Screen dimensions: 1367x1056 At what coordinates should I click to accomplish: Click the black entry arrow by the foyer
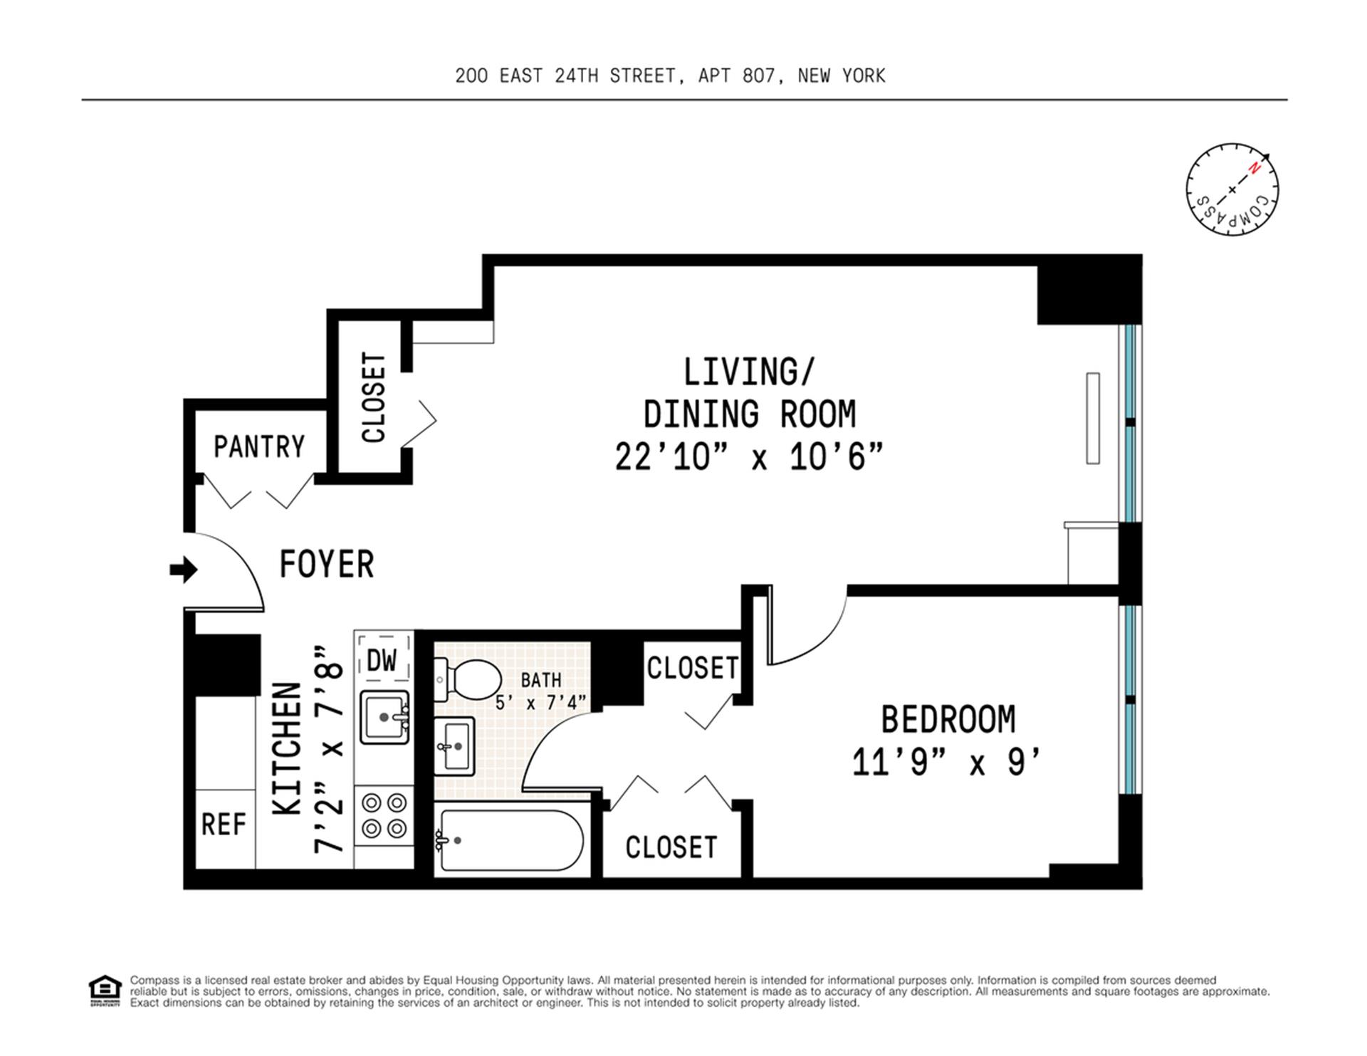coord(183,570)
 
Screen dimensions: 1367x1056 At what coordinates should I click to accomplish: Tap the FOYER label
coord(327,565)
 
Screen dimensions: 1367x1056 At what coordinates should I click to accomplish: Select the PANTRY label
coord(259,446)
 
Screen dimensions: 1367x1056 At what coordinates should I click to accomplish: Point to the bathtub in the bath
coord(509,840)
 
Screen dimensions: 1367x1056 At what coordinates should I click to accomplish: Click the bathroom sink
coord(454,746)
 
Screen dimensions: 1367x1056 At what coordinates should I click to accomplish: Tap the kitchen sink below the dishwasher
coord(384,717)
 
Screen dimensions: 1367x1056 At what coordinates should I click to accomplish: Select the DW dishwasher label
coord(382,661)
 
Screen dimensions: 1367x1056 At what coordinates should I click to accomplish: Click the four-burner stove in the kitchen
coord(384,816)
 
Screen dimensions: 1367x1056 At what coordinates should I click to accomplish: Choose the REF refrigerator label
coord(224,825)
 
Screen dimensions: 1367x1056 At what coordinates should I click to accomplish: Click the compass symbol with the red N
coord(1232,189)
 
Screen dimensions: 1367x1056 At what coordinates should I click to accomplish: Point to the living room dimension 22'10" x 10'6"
coord(749,457)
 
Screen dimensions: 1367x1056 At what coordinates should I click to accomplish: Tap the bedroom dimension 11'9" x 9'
coord(947,763)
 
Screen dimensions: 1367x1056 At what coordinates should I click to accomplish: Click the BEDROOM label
coord(948,719)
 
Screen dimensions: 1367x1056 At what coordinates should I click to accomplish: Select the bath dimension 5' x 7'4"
coord(541,703)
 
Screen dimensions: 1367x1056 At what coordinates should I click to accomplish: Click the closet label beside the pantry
coord(374,397)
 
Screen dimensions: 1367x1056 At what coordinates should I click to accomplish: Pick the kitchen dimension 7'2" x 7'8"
coord(329,750)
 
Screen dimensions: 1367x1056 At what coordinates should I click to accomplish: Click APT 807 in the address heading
coord(736,75)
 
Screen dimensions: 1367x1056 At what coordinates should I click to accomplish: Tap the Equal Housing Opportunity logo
coord(105,991)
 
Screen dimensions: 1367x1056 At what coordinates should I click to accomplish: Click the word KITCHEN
coord(288,748)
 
